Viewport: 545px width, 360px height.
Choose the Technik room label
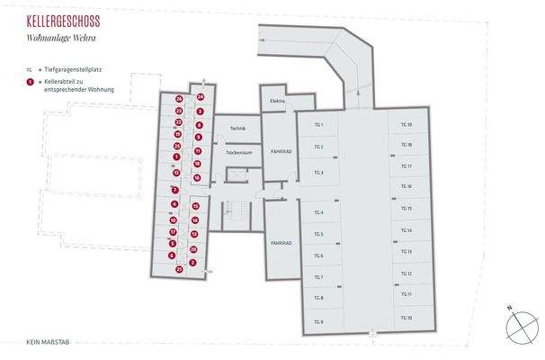click(x=238, y=129)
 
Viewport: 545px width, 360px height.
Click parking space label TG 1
click(x=318, y=123)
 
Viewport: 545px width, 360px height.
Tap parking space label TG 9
click(x=318, y=321)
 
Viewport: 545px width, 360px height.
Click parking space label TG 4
click(x=318, y=212)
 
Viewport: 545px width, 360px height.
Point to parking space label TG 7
click(x=318, y=278)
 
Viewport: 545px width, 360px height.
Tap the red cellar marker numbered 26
click(x=179, y=98)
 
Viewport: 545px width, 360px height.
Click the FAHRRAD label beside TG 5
click(x=280, y=243)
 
